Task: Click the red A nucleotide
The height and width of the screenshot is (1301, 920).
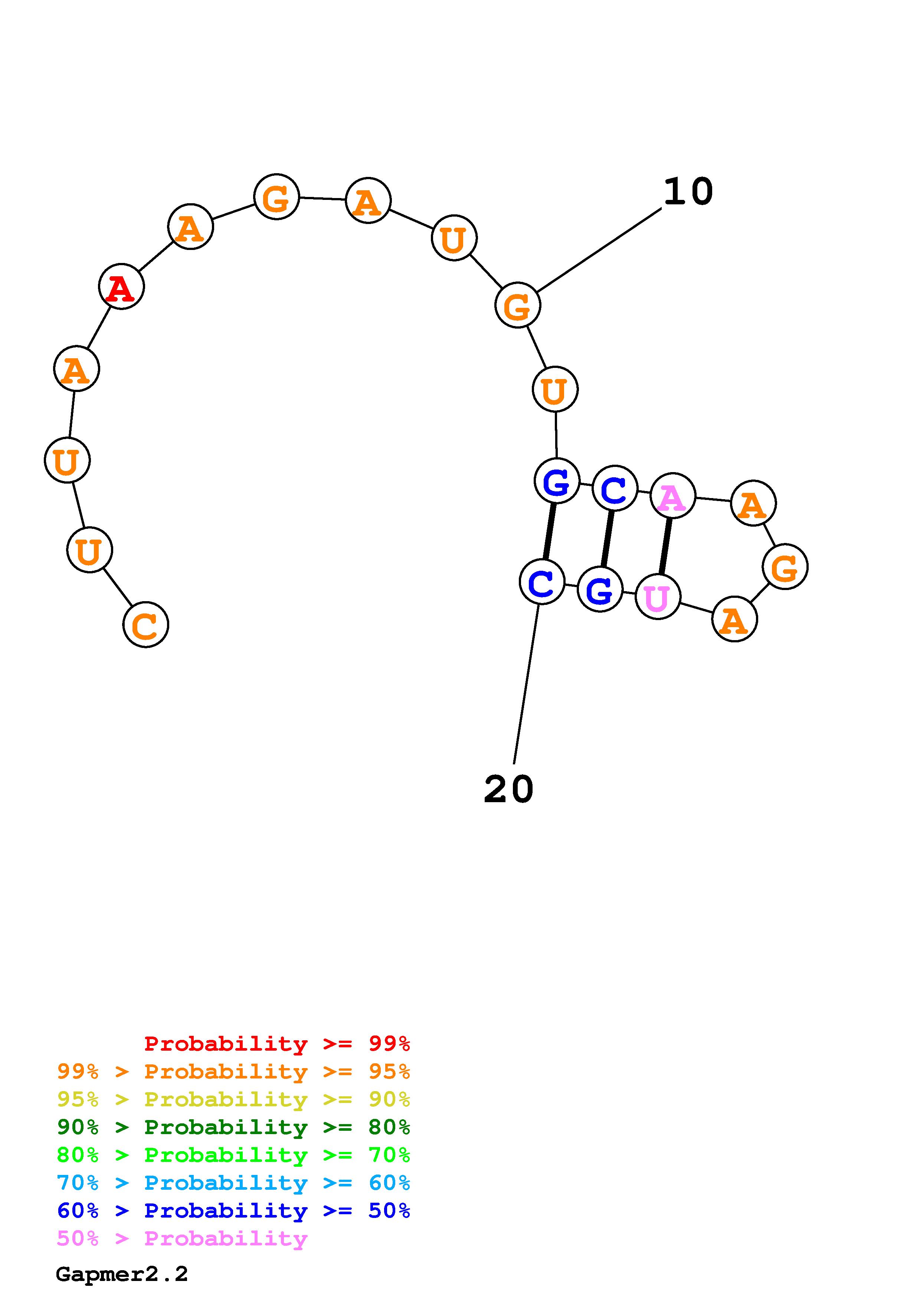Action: tap(121, 287)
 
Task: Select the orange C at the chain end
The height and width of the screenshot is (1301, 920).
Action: tap(146, 625)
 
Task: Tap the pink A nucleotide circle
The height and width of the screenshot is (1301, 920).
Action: tap(672, 496)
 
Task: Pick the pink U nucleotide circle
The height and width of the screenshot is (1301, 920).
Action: tap(658, 597)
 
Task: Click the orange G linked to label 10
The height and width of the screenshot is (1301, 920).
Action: tap(518, 306)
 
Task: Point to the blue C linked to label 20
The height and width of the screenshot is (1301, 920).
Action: tap(542, 582)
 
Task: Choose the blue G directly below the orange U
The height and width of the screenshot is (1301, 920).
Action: tap(557, 481)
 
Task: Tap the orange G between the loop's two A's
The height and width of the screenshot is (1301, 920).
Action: tap(785, 567)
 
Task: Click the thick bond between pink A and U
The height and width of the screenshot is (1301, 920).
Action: tap(665, 546)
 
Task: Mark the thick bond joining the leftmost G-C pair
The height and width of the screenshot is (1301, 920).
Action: tap(549, 531)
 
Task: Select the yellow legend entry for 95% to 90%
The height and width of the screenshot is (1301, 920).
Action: tap(233, 1099)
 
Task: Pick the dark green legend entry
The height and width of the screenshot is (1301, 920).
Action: tap(233, 1127)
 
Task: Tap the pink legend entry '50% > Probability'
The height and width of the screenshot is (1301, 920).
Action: tap(183, 1239)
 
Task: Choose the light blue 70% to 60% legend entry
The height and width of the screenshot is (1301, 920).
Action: tap(233, 1183)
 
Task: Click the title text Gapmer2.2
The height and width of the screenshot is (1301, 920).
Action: tap(122, 1274)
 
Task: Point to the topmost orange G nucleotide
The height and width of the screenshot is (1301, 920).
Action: tap(276, 197)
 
